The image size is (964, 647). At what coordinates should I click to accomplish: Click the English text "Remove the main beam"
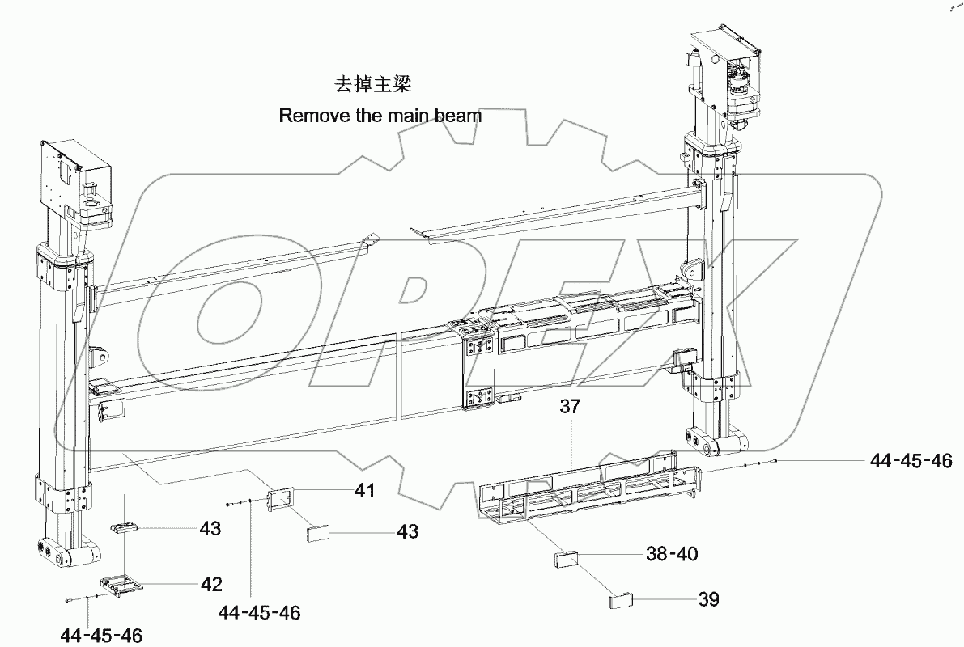pyautogui.click(x=380, y=116)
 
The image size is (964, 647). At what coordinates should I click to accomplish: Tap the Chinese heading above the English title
pyautogui.click(x=380, y=84)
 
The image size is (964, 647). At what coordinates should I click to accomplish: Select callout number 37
pyautogui.click(x=570, y=407)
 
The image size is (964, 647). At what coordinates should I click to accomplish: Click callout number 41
pyautogui.click(x=364, y=489)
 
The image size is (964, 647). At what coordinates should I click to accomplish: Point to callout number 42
pyautogui.click(x=212, y=583)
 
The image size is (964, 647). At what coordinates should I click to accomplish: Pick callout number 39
pyautogui.click(x=707, y=599)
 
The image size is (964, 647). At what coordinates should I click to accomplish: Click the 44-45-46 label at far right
pyautogui.click(x=911, y=460)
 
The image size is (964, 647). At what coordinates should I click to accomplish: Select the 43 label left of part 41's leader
pyautogui.click(x=211, y=528)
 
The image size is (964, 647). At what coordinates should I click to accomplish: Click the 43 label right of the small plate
pyautogui.click(x=407, y=531)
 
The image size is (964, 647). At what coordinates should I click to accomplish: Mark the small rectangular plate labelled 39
pyautogui.click(x=619, y=600)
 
